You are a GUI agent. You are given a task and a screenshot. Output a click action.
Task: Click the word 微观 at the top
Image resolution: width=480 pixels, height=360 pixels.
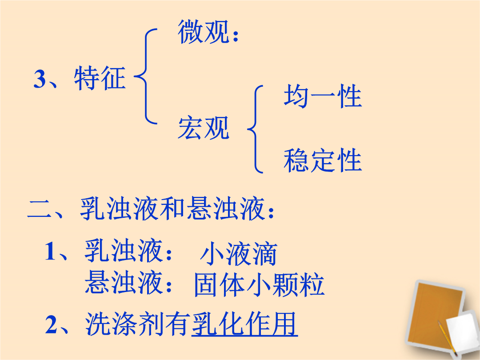(x=204, y=32)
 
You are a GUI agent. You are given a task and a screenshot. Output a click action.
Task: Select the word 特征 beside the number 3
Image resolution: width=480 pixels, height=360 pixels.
(x=100, y=78)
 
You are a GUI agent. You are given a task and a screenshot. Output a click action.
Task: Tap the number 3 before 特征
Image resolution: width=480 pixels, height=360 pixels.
(x=40, y=79)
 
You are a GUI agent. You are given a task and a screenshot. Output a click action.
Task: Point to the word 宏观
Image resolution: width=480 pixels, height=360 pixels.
(x=204, y=128)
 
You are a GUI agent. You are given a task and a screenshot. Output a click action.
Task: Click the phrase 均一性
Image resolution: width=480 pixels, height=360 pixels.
(x=323, y=96)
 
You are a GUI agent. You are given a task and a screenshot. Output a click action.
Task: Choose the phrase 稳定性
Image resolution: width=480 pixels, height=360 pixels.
(x=323, y=160)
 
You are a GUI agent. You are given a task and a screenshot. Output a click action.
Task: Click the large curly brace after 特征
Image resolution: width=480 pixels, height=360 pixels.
(x=146, y=76)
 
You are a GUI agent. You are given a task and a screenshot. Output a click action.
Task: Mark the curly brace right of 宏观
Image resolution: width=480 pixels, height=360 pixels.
(x=255, y=129)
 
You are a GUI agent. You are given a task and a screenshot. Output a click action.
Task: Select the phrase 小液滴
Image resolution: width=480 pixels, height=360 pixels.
(x=239, y=254)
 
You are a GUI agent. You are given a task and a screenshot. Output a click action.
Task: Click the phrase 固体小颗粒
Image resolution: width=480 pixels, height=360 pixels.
(x=260, y=285)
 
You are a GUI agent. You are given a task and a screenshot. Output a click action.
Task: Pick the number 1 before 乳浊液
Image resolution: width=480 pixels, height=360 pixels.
(x=50, y=251)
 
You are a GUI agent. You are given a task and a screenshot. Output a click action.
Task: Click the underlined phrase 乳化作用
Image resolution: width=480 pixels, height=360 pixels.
(x=244, y=324)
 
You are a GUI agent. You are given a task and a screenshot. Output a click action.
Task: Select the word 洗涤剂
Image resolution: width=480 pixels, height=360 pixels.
(x=124, y=324)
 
